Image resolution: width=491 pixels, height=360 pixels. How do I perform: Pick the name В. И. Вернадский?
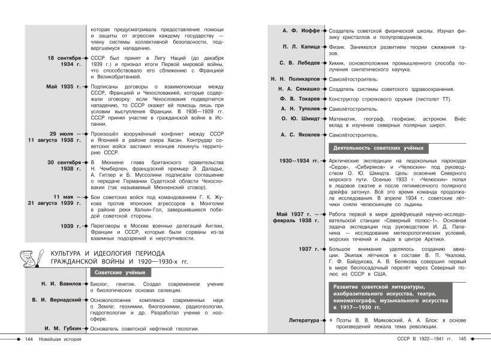55,300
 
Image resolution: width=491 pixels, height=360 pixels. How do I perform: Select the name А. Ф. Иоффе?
301,31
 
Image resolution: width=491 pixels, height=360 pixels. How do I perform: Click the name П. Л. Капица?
301,46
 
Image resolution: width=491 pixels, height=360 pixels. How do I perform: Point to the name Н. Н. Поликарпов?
294,78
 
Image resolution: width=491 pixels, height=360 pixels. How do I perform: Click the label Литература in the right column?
304,320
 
